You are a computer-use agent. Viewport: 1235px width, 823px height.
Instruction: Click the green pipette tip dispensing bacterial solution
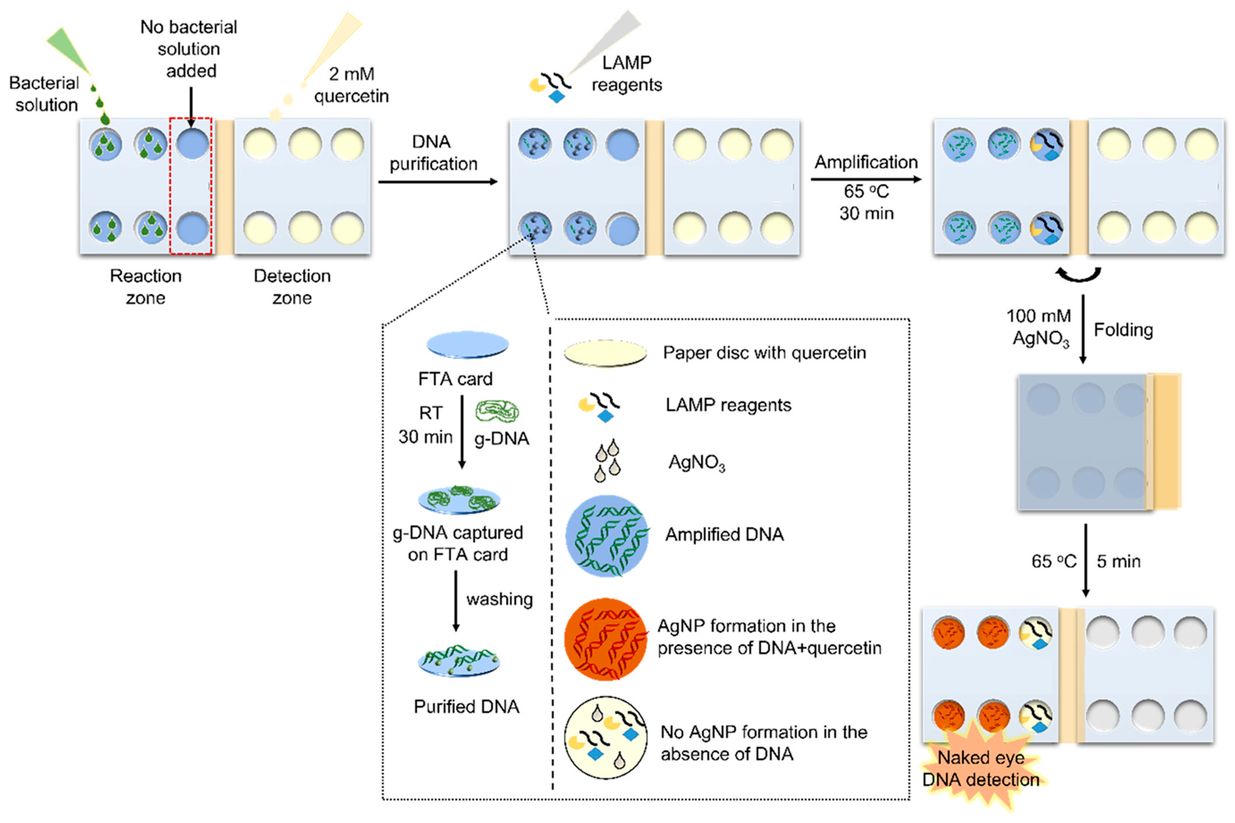[70, 52]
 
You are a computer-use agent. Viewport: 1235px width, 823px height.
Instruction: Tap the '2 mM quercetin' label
[351, 85]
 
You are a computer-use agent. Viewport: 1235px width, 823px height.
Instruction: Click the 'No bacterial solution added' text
[189, 49]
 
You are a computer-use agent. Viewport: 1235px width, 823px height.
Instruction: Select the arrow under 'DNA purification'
[438, 182]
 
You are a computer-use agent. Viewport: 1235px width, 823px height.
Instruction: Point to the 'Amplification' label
[866, 162]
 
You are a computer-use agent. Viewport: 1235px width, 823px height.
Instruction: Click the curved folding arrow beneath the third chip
[1079, 274]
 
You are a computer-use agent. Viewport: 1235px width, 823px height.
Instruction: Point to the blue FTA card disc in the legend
[467, 345]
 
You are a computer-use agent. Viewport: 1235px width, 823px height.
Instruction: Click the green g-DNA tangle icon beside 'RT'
[497, 411]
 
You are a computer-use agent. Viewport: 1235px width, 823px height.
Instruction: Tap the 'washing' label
[499, 599]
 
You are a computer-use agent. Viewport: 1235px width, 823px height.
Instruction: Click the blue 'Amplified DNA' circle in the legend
[607, 536]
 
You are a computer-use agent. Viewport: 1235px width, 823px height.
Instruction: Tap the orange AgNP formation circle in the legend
[606, 639]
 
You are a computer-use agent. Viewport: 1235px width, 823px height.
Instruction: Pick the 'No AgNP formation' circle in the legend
[606, 738]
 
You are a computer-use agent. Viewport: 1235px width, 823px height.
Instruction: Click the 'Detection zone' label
[292, 287]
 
